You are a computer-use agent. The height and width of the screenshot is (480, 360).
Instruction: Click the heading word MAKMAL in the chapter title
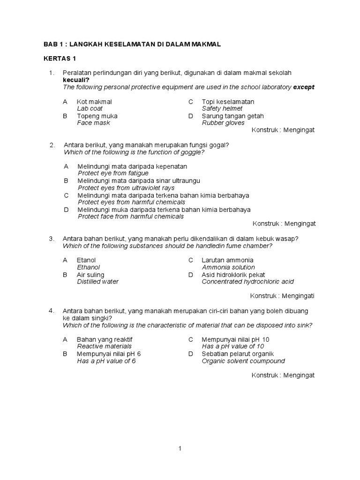tap(205, 44)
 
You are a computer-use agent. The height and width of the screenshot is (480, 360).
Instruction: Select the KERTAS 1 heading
tap(60, 59)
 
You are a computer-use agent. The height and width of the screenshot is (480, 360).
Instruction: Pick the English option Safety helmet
tap(222, 109)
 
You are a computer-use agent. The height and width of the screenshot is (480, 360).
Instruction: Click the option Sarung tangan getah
tap(232, 116)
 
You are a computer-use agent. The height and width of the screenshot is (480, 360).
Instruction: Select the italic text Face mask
tap(94, 123)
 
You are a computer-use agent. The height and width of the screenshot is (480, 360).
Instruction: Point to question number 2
tap(52, 145)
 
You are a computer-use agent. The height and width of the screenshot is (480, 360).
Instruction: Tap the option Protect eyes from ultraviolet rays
tap(126, 188)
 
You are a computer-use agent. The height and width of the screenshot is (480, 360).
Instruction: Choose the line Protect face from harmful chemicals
tap(130, 217)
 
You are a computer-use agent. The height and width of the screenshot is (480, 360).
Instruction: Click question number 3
tap(52, 239)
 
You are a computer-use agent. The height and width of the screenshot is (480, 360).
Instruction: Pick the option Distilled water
tap(97, 282)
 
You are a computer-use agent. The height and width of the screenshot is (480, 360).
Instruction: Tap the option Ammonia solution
tap(228, 267)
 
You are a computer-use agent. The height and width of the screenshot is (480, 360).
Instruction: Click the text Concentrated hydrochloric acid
tap(247, 282)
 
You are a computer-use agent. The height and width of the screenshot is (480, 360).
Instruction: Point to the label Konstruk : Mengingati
tap(282, 296)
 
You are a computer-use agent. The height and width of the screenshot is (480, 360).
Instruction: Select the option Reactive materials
tap(104, 346)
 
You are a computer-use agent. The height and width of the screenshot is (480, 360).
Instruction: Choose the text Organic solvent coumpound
tap(243, 361)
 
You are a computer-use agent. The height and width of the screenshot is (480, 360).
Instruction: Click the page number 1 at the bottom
tap(180, 449)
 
